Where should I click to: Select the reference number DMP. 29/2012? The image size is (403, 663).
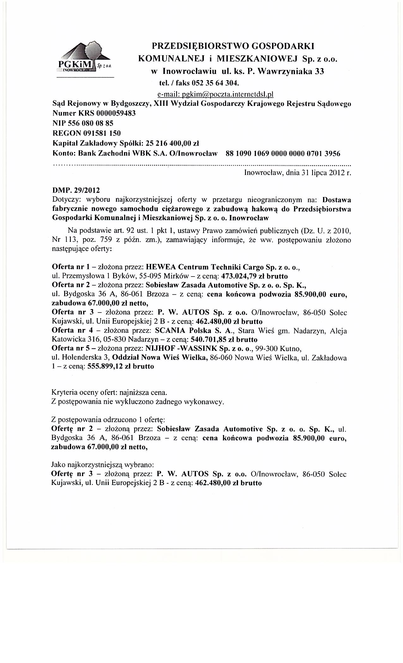tap(76, 190)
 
